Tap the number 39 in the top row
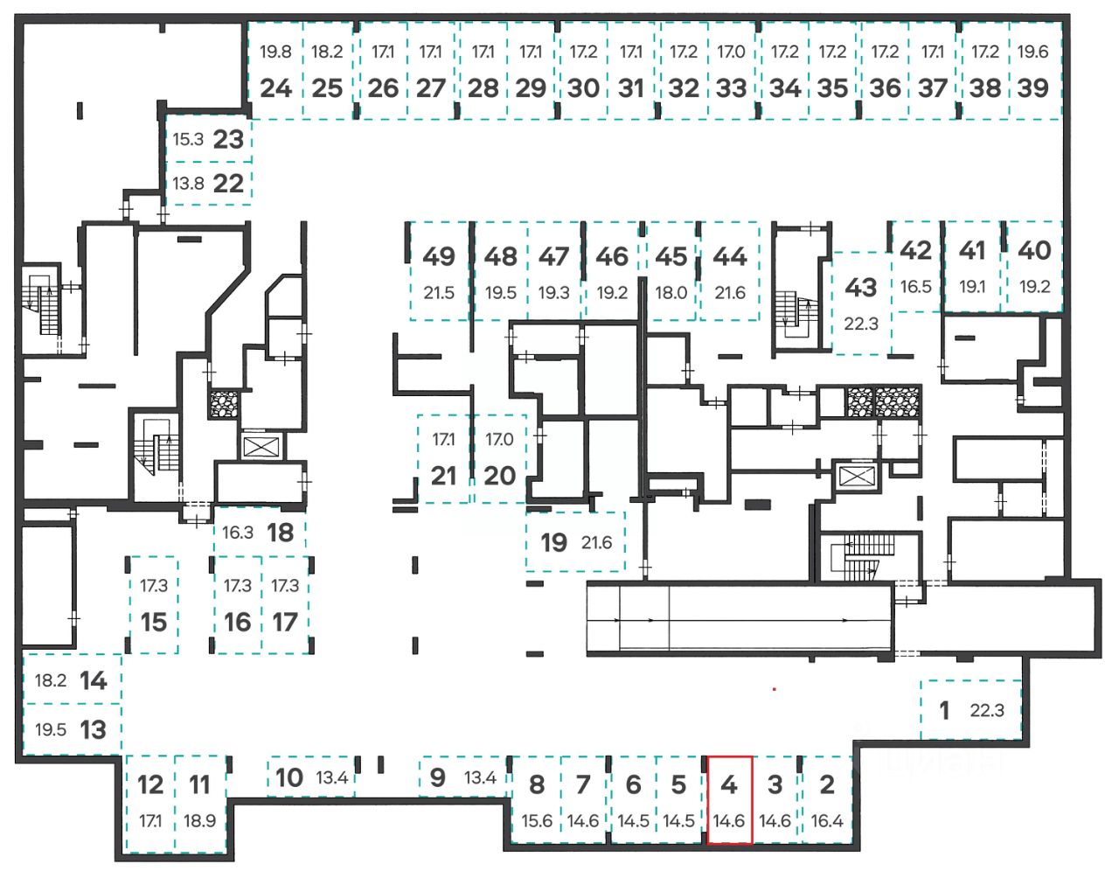coord(1032,87)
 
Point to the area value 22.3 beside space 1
coord(987,710)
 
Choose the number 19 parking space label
coord(553,542)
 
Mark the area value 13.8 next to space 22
coord(188,184)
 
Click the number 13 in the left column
coord(94,729)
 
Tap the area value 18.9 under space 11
coord(200,821)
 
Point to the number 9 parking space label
coord(438,777)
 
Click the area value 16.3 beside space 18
coord(238,532)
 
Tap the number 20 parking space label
coord(500,476)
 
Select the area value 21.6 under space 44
coord(730,293)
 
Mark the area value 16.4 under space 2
coord(827,821)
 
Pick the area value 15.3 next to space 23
coord(188,139)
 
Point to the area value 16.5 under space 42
coord(915,286)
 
